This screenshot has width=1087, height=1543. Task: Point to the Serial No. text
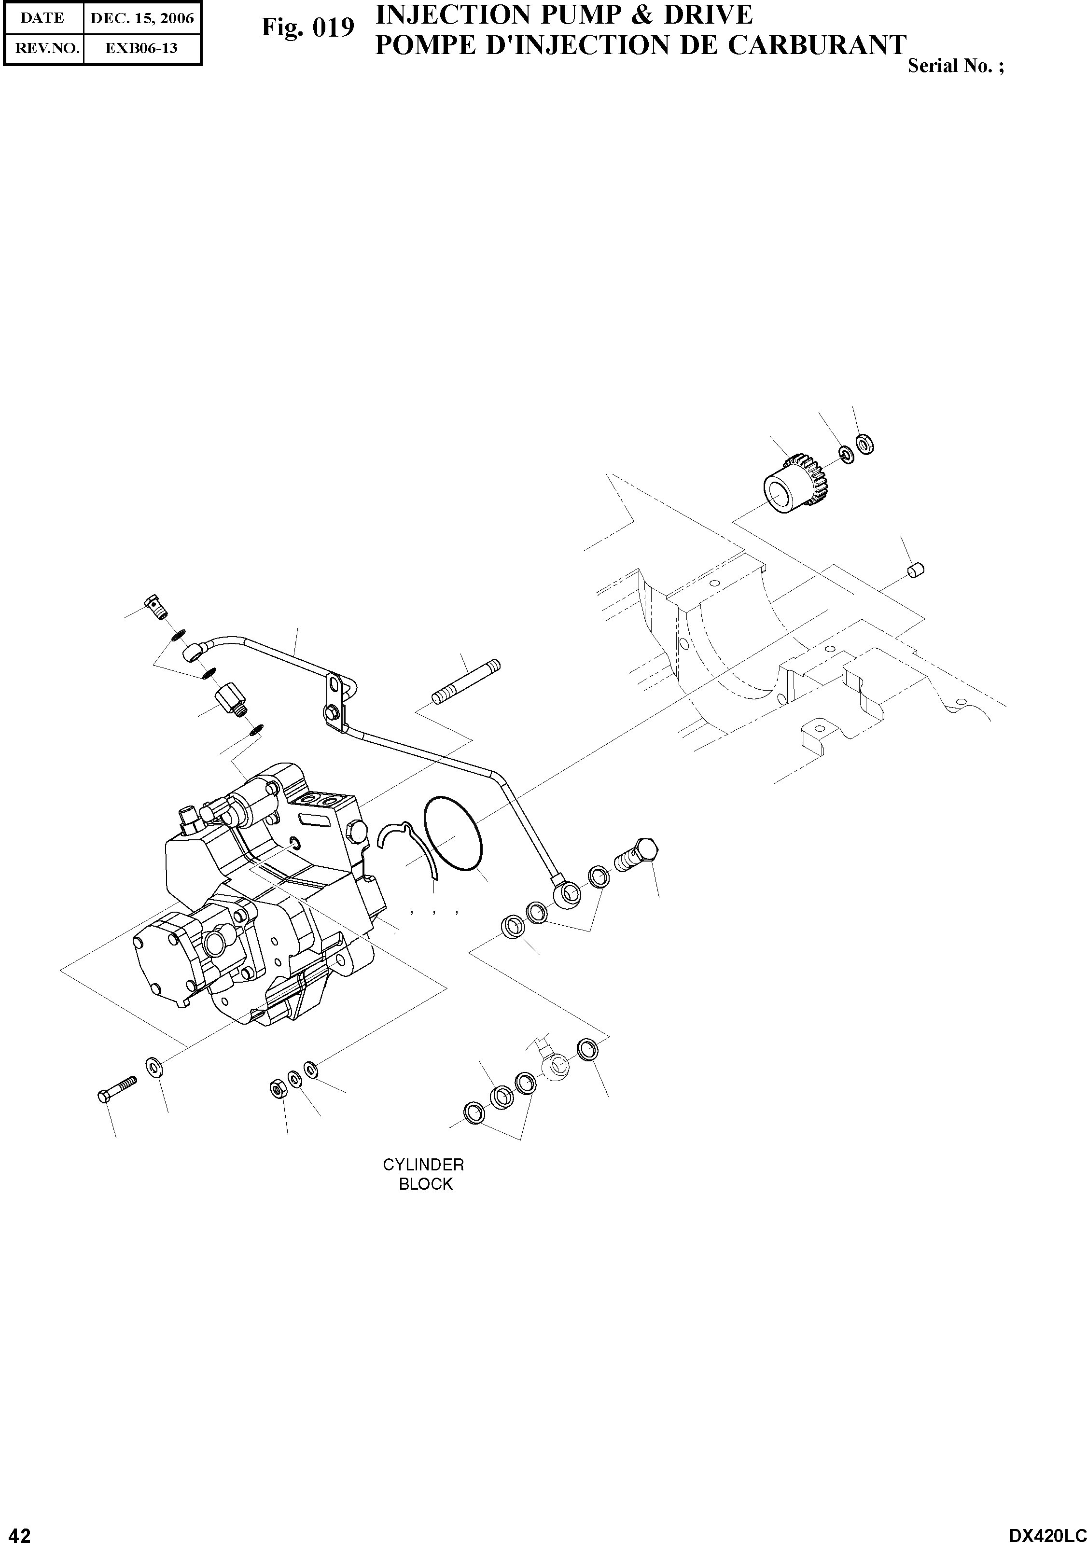pos(955,67)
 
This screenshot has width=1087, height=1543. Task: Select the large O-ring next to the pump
pos(453,835)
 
